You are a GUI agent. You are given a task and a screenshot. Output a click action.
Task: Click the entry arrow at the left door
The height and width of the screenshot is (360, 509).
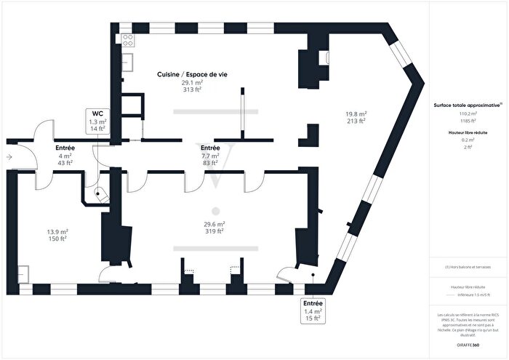[9, 156]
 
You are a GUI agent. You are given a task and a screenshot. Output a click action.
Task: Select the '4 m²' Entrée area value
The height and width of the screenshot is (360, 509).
[65, 156]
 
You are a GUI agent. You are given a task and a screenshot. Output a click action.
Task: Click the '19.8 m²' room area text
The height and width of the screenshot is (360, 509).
[356, 113]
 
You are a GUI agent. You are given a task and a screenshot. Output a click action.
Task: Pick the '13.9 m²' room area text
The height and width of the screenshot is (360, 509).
[58, 231]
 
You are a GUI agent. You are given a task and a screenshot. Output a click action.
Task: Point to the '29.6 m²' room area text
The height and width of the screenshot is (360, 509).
[214, 224]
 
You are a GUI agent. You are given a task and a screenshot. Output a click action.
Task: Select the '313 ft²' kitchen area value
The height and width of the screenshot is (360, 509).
[192, 90]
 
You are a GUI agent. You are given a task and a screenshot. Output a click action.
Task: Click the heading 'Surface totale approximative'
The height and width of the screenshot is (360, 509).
[467, 105]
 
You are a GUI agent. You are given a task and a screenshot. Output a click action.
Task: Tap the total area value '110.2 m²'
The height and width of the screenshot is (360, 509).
[468, 114]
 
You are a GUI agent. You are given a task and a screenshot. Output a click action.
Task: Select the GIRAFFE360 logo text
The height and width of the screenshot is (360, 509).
[468, 343]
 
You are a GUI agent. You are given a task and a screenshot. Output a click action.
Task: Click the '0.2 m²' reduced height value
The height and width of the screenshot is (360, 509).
[468, 140]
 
